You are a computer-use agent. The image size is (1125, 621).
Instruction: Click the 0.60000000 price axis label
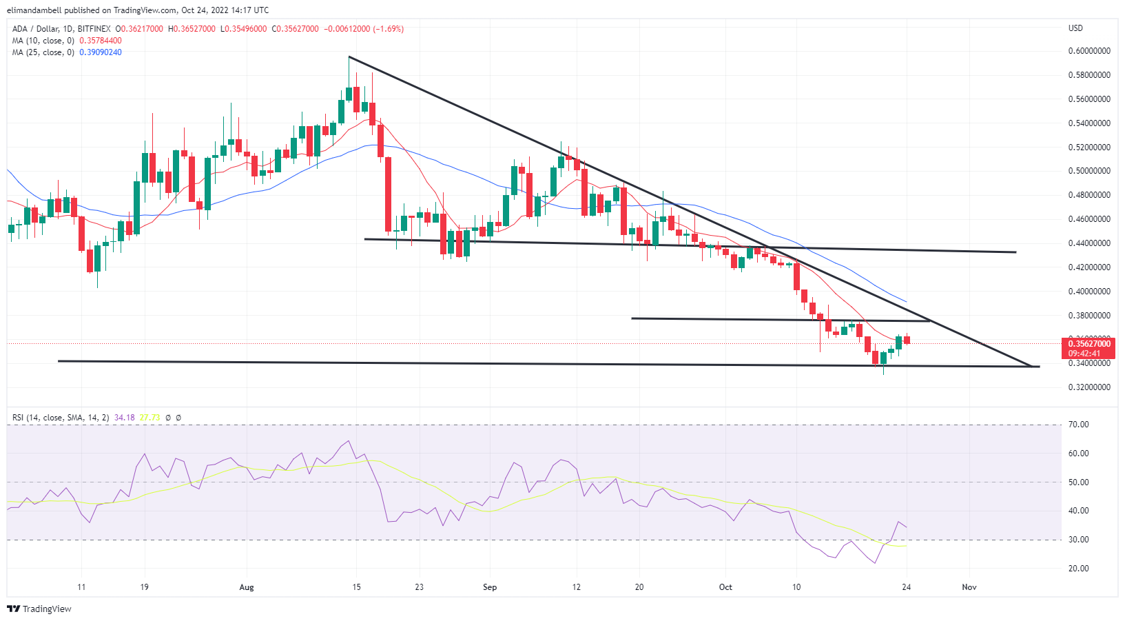(x=1088, y=51)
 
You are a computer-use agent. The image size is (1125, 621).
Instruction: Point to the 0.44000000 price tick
(x=1088, y=243)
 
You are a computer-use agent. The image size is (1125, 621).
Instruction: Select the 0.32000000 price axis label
(x=1088, y=387)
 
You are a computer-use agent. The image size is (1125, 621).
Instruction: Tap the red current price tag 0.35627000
(x=1089, y=344)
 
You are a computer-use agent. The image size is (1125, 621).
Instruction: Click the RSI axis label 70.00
(x=1078, y=425)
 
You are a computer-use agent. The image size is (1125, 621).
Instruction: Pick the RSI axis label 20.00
(x=1078, y=569)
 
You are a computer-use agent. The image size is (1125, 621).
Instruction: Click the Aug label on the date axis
(x=247, y=587)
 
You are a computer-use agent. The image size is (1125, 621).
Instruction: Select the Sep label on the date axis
(x=490, y=587)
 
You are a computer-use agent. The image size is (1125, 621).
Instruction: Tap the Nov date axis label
(x=969, y=587)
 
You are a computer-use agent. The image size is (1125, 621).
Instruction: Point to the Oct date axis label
(x=725, y=587)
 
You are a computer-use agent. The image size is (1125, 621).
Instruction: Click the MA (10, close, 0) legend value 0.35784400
(x=101, y=41)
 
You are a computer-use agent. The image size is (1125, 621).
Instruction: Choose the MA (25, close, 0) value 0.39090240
(x=101, y=52)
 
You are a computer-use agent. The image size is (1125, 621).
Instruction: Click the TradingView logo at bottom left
(x=39, y=609)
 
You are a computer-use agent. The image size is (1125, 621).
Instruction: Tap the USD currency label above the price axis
(x=1075, y=28)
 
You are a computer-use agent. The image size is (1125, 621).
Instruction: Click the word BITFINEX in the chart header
(x=94, y=29)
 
